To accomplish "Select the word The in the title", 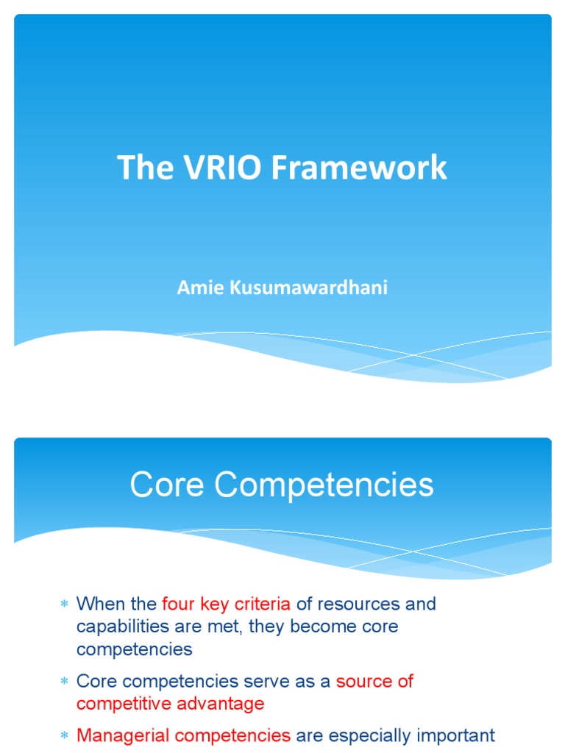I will point(141,168).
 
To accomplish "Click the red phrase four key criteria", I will point(227,604).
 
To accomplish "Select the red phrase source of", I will point(374,681).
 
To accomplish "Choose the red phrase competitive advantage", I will point(170,704).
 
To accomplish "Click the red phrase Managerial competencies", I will point(183,735).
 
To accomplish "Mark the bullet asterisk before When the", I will point(63,604).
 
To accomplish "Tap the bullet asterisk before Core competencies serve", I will point(63,682).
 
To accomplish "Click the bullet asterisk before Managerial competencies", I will point(63,735).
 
